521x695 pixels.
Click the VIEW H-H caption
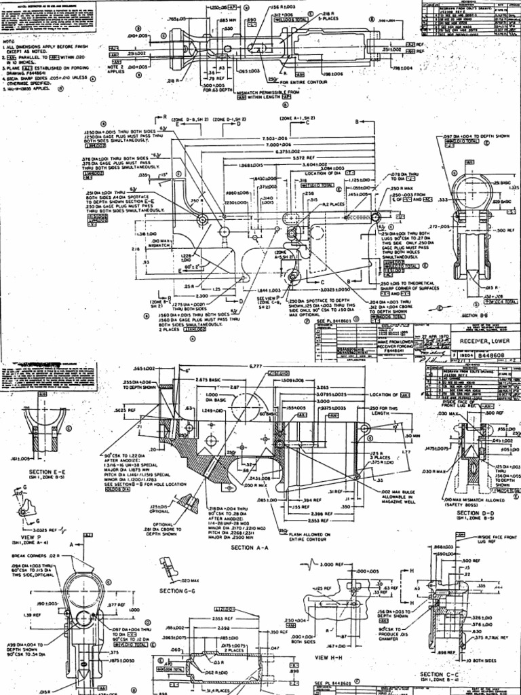329,658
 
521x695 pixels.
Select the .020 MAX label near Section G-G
191,580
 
